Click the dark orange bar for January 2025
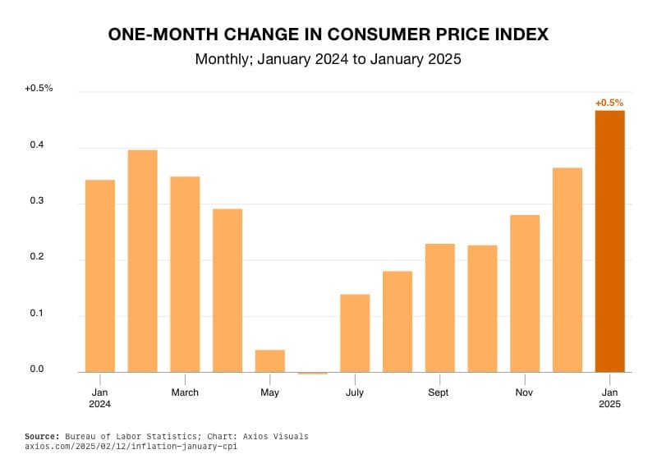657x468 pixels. [609, 241]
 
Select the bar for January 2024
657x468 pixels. [100, 276]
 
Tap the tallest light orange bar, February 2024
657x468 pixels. [143, 261]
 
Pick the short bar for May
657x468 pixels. [270, 361]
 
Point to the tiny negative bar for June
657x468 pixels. [312, 373]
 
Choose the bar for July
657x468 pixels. [355, 333]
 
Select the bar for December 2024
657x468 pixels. [567, 269]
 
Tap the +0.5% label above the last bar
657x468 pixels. [609, 103]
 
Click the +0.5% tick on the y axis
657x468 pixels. [39, 87]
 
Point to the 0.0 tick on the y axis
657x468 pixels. [37, 369]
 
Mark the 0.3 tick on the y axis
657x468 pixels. [37, 201]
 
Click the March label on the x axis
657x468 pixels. [185, 392]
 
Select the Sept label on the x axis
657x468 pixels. [439, 392]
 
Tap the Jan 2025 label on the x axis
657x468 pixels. [609, 398]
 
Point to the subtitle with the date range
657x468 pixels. [328, 60]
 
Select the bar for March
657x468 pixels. [185, 274]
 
